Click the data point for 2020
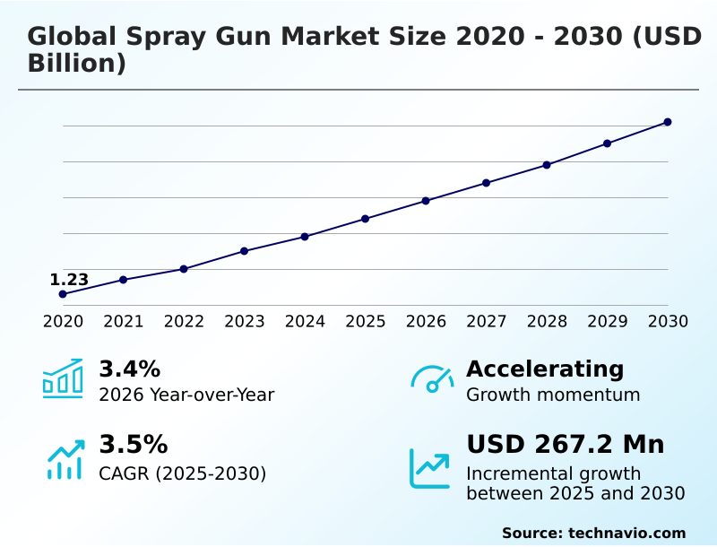pos(63,294)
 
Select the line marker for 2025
pos(366,219)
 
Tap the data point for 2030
pos(668,122)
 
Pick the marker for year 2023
pos(244,251)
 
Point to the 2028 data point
pos(547,165)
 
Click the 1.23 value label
pos(69,280)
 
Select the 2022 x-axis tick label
pos(184,321)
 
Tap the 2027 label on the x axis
pos(487,321)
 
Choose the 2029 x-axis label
pos(608,321)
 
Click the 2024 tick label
pos(305,321)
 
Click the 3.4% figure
pos(129,369)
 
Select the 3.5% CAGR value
pos(133,445)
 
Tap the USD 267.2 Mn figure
pos(566,445)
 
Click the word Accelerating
pos(545,369)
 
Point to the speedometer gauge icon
pos(432,378)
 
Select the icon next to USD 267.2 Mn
pos(430,468)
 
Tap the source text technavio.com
pos(626,533)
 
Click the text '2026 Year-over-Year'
pos(186,395)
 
